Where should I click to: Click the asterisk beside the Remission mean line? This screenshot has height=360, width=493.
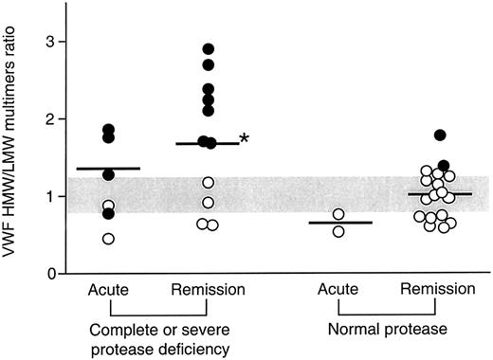point(245,139)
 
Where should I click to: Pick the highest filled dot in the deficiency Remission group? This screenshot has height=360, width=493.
point(209,48)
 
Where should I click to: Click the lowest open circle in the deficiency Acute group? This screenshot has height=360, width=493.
point(108,239)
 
